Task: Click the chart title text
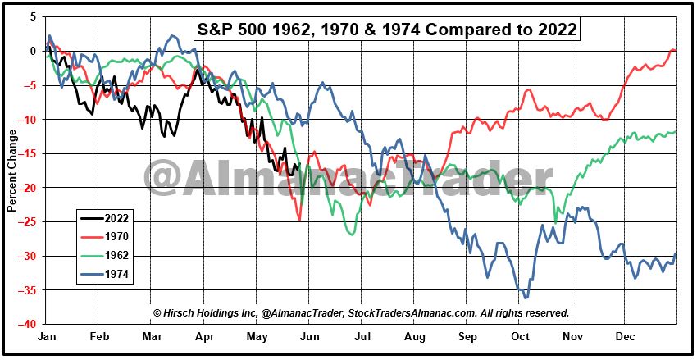(x=388, y=29)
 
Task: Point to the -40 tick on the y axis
(x=30, y=324)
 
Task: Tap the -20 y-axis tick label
(x=30, y=188)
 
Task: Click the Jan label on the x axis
(x=48, y=337)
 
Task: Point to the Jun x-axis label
(x=310, y=337)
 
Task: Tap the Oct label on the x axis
(x=520, y=337)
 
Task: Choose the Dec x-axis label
(x=626, y=337)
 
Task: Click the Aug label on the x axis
(x=416, y=337)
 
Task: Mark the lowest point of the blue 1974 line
(x=526, y=298)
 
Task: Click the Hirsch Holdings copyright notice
(x=361, y=312)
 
